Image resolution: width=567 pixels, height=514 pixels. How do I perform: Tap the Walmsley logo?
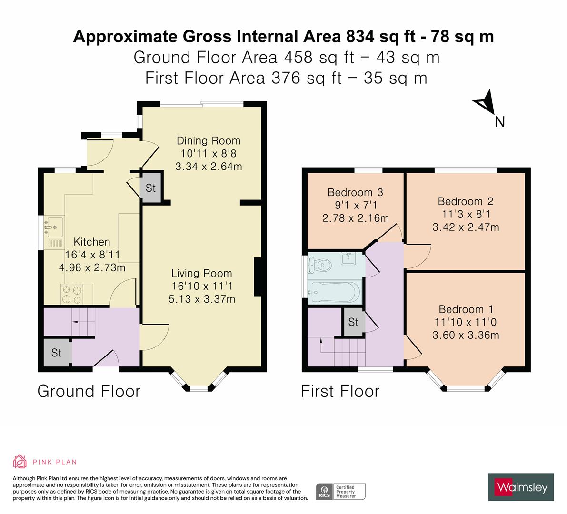(521, 486)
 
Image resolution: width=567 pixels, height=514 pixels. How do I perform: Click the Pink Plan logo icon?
(20, 461)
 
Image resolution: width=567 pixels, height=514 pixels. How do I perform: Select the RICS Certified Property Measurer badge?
(341, 491)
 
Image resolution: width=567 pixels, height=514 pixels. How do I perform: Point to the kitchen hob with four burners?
(71, 293)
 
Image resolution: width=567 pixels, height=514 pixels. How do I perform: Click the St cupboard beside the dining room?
(151, 188)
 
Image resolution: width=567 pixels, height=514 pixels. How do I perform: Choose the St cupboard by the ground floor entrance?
(56, 353)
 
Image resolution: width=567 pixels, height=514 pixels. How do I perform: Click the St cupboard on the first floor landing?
(353, 322)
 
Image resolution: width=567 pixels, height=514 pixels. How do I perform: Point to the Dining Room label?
(209, 141)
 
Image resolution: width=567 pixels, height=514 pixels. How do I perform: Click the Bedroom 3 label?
(355, 193)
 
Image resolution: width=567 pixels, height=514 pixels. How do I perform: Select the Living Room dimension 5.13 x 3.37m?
(202, 299)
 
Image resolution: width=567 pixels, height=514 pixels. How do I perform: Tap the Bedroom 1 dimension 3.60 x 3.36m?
(466, 335)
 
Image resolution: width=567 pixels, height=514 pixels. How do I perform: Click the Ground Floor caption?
(89, 391)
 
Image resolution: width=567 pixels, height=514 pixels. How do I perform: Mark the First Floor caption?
(340, 391)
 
